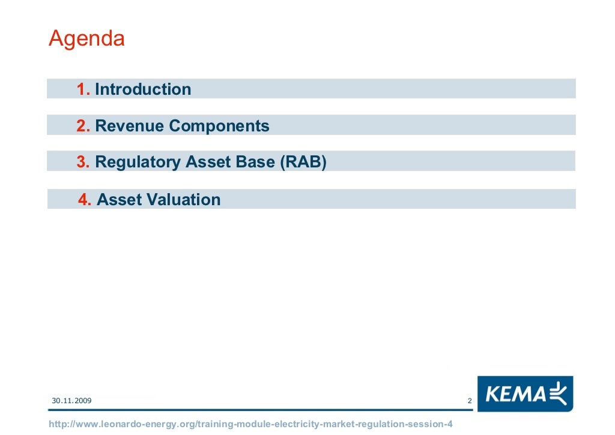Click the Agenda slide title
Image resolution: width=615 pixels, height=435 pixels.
[x=86, y=40]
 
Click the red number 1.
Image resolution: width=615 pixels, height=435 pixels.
[x=83, y=89]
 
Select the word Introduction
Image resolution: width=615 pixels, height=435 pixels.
[x=143, y=89]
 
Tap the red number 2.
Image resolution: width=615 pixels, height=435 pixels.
[x=83, y=126]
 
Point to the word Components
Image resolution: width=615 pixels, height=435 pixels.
[x=219, y=126]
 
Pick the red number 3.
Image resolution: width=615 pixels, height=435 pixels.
[x=83, y=162]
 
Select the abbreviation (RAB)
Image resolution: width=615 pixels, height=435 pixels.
[x=303, y=162]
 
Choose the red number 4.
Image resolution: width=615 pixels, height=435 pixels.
[x=85, y=199]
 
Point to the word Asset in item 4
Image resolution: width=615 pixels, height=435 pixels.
[x=118, y=199]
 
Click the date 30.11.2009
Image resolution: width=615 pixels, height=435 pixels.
[x=71, y=400]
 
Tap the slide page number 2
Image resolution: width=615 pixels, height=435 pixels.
[x=469, y=401]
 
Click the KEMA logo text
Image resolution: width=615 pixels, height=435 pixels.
[x=515, y=394]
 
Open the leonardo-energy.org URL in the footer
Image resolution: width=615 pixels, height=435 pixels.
[x=250, y=424]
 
